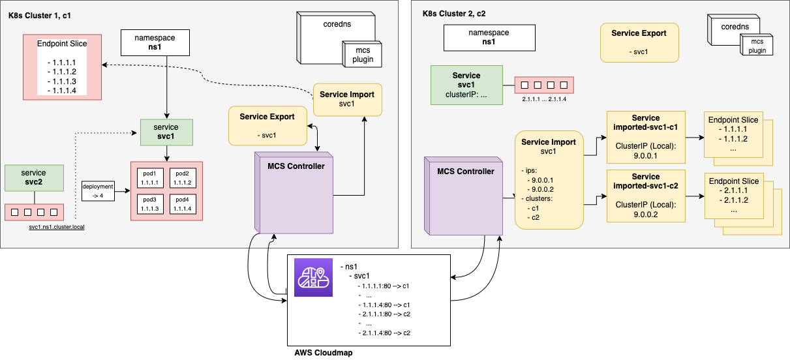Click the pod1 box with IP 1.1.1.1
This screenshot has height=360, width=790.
pyautogui.click(x=149, y=177)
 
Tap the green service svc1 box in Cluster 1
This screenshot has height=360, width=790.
pyautogui.click(x=167, y=132)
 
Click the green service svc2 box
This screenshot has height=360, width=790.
pyautogui.click(x=34, y=177)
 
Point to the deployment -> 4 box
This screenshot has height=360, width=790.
pyautogui.click(x=98, y=190)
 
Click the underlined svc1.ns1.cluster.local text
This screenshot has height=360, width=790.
pyautogui.click(x=57, y=227)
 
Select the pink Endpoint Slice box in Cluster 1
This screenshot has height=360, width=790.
pyautogui.click(x=62, y=67)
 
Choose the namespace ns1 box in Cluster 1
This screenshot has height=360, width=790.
pyautogui.click(x=155, y=42)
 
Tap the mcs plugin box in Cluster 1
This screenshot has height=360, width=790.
pyautogui.click(x=363, y=54)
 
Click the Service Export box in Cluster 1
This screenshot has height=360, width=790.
pyautogui.click(x=267, y=126)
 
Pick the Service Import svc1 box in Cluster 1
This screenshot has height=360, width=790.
pyautogui.click(x=347, y=99)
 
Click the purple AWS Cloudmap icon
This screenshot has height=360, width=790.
pyautogui.click(x=313, y=278)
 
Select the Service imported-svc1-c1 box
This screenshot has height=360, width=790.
pyautogui.click(x=646, y=137)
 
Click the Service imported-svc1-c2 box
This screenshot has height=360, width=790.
pyautogui.click(x=646, y=195)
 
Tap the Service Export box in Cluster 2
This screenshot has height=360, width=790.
pyautogui.click(x=639, y=42)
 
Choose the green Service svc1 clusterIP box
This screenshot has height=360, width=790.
pyautogui.click(x=466, y=85)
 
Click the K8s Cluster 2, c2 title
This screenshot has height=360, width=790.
pyautogui.click(x=454, y=14)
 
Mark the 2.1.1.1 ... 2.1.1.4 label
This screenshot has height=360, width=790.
pyautogui.click(x=544, y=99)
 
